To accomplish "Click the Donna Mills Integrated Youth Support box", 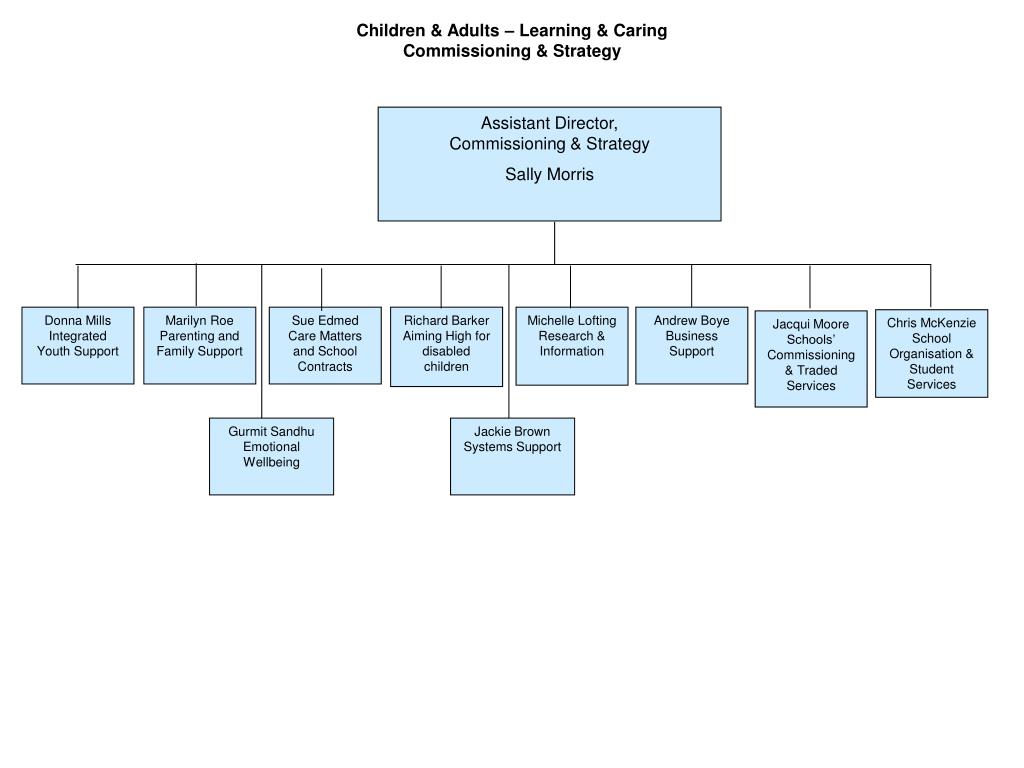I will pos(78,345).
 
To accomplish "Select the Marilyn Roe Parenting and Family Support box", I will pos(199,345).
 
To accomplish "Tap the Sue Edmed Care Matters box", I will pos(325,345).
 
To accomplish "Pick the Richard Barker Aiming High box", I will pos(446,346).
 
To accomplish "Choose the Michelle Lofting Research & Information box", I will pos(572,345).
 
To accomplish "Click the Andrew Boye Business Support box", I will pos(691,345).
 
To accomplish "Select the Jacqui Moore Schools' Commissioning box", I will pos(811,359).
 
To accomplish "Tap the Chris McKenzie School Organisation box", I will pos(931,353).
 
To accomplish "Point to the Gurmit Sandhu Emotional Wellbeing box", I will pos(271,456).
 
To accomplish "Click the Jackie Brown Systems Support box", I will pos(512,456).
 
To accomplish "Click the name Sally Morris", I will pos(549,175).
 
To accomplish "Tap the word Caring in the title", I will pos(643,30).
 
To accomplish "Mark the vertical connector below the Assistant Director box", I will pos(554,242).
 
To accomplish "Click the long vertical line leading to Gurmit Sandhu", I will pos(262,340).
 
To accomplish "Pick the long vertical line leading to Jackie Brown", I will pos(509,340).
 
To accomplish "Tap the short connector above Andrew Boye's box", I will pos(691,285).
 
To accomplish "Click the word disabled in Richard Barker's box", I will pos(446,352).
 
